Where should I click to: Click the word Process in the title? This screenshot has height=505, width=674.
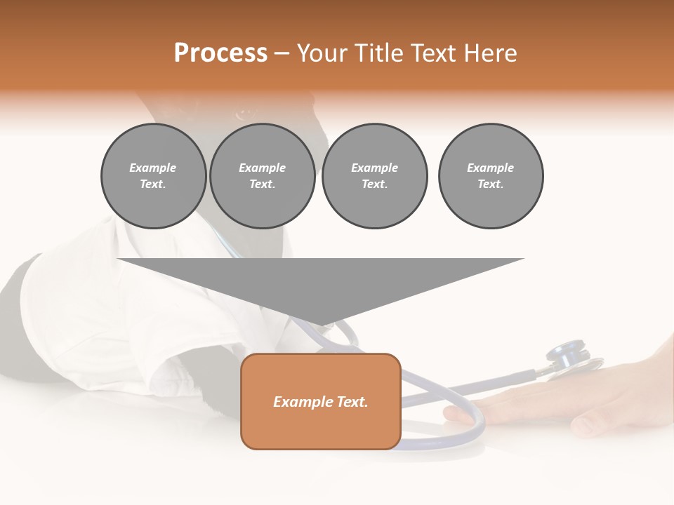tap(220, 53)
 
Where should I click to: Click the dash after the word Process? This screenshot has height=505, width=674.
tap(282, 54)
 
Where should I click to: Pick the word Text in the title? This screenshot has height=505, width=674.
tap(435, 53)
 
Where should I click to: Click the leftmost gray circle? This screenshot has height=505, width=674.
tap(153, 176)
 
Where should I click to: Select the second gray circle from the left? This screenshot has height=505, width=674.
tap(262, 176)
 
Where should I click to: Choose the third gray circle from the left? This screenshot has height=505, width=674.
tap(374, 176)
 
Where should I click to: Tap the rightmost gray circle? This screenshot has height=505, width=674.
tap(490, 176)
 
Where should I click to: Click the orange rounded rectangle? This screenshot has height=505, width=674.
tap(321, 428)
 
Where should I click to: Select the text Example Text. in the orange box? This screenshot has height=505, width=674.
tap(321, 402)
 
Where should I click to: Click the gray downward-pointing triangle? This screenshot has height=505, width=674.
tap(320, 284)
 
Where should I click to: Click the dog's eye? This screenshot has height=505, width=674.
tap(244, 113)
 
